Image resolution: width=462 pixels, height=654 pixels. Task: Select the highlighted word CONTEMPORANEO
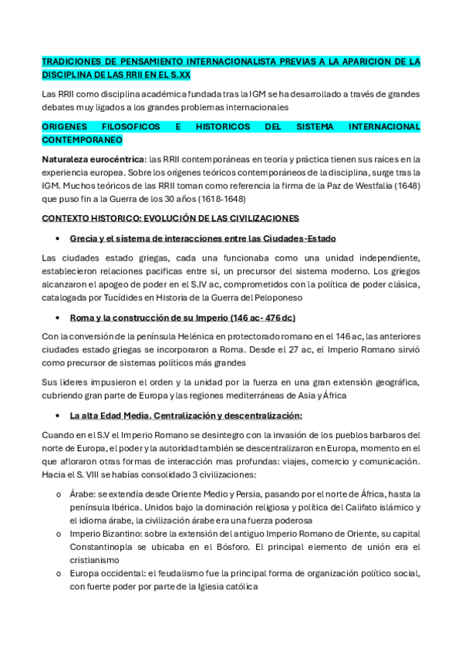pos(82,141)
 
